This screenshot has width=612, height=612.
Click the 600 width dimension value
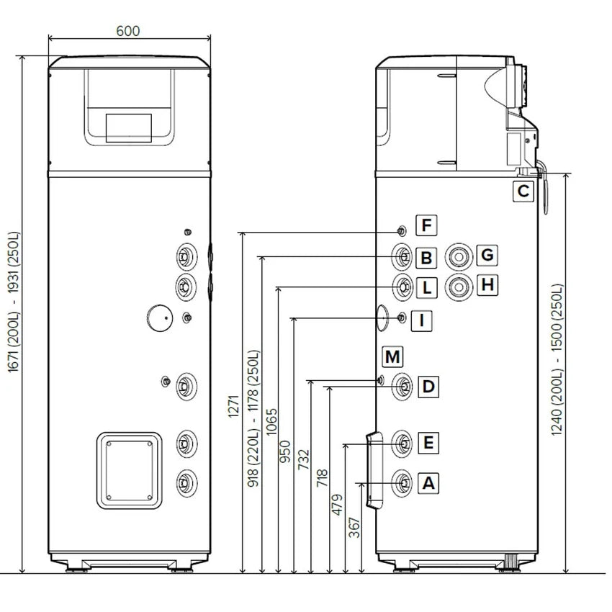128,31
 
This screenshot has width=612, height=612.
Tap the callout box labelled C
523,192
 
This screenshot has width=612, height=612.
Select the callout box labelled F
426,225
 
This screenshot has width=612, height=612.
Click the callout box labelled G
487,255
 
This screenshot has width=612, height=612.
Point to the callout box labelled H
487,285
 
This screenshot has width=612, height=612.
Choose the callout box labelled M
392,356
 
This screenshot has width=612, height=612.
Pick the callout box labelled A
428,483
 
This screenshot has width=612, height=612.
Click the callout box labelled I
421,321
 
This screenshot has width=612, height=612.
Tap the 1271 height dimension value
233,406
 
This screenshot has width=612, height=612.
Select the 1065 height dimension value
271,422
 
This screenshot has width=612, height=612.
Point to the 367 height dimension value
354,527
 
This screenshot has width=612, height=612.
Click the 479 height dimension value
337,505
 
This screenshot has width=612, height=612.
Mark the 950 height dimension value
285,451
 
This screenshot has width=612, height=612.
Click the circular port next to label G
459,257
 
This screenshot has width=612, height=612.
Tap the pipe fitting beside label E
402,444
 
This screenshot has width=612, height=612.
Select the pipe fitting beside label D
402,387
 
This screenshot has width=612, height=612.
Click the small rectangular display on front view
129,128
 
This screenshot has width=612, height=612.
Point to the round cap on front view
160,318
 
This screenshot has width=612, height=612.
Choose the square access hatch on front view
129,470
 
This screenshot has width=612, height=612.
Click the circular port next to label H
459,287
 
